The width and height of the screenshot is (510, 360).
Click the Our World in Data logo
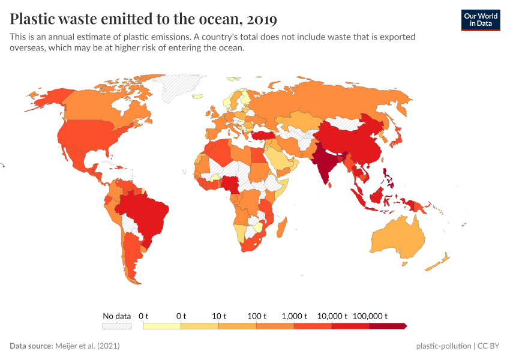(480, 20)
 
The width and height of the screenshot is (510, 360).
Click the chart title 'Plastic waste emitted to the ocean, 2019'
(143, 19)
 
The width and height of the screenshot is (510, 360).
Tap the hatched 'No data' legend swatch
(116, 326)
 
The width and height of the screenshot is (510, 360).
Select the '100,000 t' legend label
(370, 316)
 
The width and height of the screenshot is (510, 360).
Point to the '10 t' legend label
(218, 316)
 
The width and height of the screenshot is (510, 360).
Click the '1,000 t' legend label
(294, 316)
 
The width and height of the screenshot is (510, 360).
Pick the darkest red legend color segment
(388, 326)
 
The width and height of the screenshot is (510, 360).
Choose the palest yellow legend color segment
(162, 326)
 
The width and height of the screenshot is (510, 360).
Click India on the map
(325, 166)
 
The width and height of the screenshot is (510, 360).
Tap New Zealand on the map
(442, 259)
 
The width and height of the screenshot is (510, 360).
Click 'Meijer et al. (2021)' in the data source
(88, 346)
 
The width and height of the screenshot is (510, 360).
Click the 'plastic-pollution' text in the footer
(443, 346)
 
